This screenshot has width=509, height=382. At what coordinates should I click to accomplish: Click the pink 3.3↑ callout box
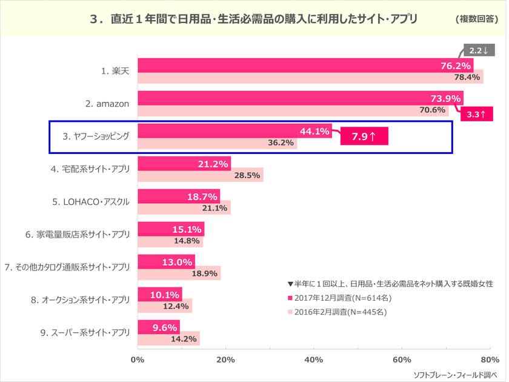pos(477,113)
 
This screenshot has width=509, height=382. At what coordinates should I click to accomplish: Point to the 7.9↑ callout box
pos(364,137)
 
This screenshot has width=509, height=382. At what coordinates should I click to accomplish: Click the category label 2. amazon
pos(107,104)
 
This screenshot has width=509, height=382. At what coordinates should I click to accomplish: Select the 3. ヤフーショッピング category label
pos(96,136)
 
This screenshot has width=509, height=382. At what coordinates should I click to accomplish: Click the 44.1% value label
pos(314,131)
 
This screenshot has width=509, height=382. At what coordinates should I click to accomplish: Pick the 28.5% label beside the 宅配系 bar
pos(247,175)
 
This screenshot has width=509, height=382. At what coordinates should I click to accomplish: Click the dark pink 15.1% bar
pos(171,229)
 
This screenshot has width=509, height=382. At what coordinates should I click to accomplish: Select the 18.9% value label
pos(204,273)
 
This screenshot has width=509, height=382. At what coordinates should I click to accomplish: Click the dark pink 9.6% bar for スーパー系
pos(159,327)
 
